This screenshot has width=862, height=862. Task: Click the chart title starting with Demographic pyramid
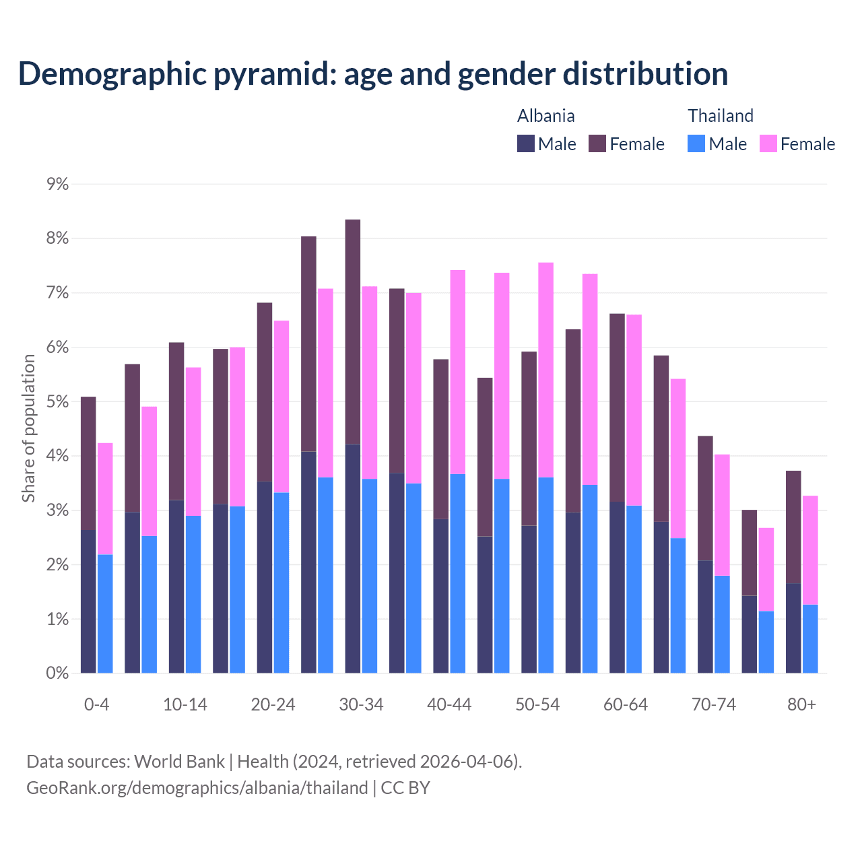tap(373, 73)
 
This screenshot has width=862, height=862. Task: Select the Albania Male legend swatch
tap(526, 143)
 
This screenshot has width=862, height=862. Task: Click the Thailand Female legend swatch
tap(768, 143)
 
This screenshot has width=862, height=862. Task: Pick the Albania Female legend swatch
tap(597, 143)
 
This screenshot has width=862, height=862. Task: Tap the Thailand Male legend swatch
tap(696, 143)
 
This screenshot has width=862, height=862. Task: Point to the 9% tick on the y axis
tap(58, 184)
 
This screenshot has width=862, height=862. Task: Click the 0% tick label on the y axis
tap(58, 673)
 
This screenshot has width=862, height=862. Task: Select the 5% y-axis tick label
tap(58, 401)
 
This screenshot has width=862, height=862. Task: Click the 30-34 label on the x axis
tap(361, 704)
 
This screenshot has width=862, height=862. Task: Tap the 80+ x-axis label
tap(801, 704)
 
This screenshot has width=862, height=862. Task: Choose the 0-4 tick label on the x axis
tap(96, 704)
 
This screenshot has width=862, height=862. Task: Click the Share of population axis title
tap(28, 428)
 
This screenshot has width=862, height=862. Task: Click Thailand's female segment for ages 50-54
tap(546, 370)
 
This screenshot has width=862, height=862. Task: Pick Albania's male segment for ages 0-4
tap(88, 601)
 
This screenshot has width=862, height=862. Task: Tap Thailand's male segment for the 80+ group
tap(810, 638)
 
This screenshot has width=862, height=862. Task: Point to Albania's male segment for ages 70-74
tap(705, 616)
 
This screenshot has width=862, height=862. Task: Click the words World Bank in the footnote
tap(179, 762)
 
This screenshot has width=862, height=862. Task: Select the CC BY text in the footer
tap(405, 788)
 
